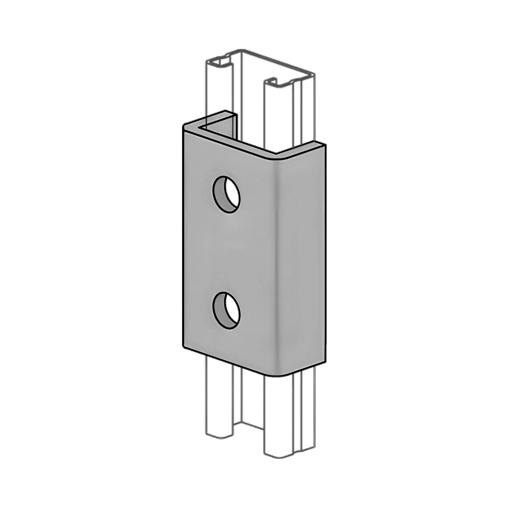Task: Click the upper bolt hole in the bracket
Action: (x=226, y=194)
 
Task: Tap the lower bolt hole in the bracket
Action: (x=226, y=310)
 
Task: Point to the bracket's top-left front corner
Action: (x=184, y=126)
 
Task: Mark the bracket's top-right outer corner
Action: (x=326, y=145)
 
